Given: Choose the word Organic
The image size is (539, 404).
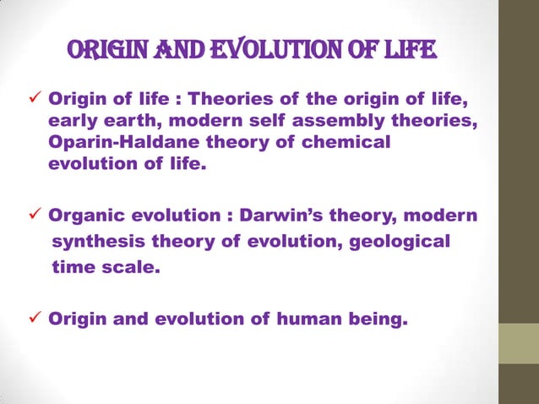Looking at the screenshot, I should coord(84,216).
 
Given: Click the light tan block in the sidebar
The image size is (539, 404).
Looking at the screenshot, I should coord(518,344).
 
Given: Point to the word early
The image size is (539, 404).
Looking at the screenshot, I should coord(77,123).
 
